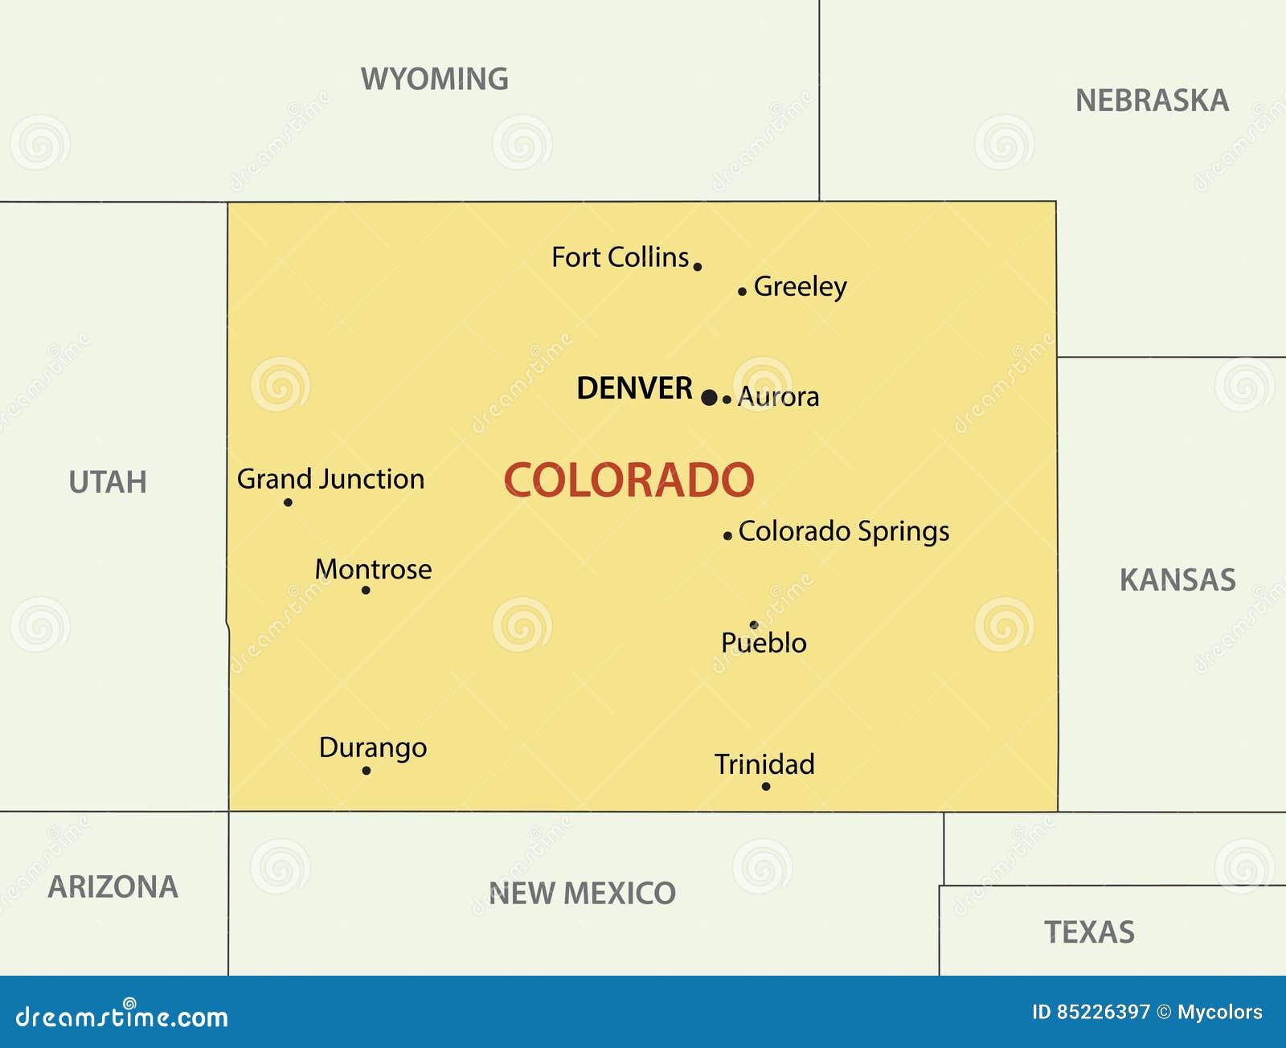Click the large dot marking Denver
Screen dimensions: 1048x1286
click(x=709, y=397)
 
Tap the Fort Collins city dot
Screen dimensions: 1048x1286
click(x=697, y=267)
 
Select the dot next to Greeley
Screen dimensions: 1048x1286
click(x=742, y=291)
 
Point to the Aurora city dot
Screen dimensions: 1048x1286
click(x=727, y=399)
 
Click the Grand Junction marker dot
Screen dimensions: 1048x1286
click(x=288, y=502)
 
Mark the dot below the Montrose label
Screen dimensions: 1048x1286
click(x=366, y=590)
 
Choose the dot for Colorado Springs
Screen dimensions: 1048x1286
click(x=727, y=535)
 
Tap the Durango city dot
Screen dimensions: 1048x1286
click(x=367, y=770)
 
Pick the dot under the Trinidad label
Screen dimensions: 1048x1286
click(x=766, y=786)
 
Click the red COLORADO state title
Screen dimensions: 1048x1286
click(x=629, y=480)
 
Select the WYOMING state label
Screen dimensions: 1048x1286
click(x=434, y=79)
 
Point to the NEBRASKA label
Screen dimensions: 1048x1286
click(x=1152, y=100)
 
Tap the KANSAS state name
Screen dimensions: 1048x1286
click(x=1177, y=579)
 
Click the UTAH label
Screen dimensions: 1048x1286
click(x=108, y=482)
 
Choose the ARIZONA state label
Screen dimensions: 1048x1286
click(x=113, y=886)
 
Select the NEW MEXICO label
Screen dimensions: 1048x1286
click(x=582, y=893)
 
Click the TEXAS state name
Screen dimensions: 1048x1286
click(x=1089, y=932)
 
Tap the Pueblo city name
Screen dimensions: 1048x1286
click(x=764, y=643)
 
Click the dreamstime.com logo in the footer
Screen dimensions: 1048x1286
click(x=122, y=1016)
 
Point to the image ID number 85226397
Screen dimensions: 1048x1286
click(x=1103, y=1012)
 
